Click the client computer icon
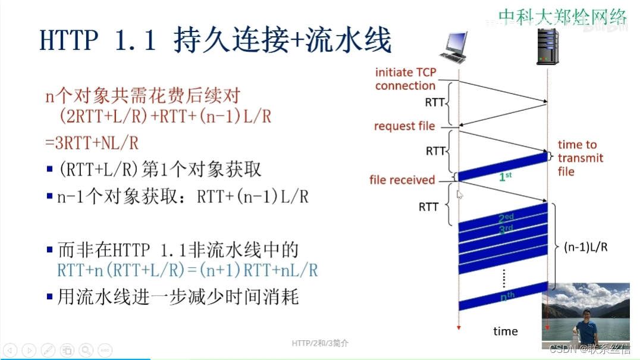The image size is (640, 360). pos(457,48)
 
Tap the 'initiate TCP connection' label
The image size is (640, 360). pos(406,79)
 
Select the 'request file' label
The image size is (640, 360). pos(404,126)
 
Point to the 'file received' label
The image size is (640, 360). pos(402,180)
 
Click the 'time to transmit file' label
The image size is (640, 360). pos(581,158)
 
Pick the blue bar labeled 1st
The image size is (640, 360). pos(503,168)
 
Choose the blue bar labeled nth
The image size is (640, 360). pos(503,296)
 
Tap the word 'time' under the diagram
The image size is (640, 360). pos(506,331)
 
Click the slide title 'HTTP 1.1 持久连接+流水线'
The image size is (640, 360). pos(215,41)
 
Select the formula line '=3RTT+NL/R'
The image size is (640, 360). pos(92,143)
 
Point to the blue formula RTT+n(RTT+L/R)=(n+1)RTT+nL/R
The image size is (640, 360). pos(187,270)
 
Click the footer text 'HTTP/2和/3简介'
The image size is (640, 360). pos(321,343)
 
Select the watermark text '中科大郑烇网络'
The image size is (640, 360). pos(562,17)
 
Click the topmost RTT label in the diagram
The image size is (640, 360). pos(435,102)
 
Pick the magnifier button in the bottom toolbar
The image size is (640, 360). pos(86,350)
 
